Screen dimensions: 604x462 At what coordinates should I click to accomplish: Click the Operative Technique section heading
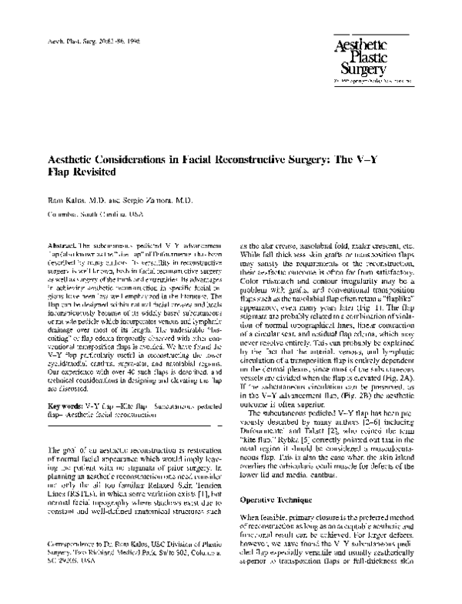(x=280, y=499)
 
